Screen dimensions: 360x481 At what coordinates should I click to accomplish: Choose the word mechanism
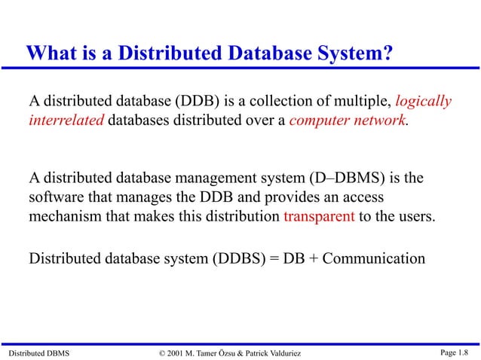tap(65, 216)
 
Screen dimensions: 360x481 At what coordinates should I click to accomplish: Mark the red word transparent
tap(319, 216)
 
